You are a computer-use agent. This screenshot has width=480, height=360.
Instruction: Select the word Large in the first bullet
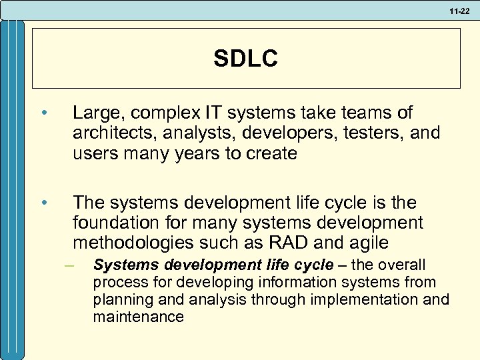coord(94,113)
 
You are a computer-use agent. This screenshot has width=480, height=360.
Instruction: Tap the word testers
coord(368,133)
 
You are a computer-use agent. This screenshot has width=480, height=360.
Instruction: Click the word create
coord(272,153)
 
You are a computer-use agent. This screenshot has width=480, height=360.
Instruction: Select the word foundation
coord(114,221)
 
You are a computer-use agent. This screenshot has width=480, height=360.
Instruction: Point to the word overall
coord(402,265)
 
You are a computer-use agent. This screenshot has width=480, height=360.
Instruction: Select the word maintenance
coord(138,317)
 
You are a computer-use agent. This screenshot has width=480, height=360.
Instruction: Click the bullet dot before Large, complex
coord(43,113)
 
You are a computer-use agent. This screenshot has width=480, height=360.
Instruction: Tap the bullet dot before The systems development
coord(43,202)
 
